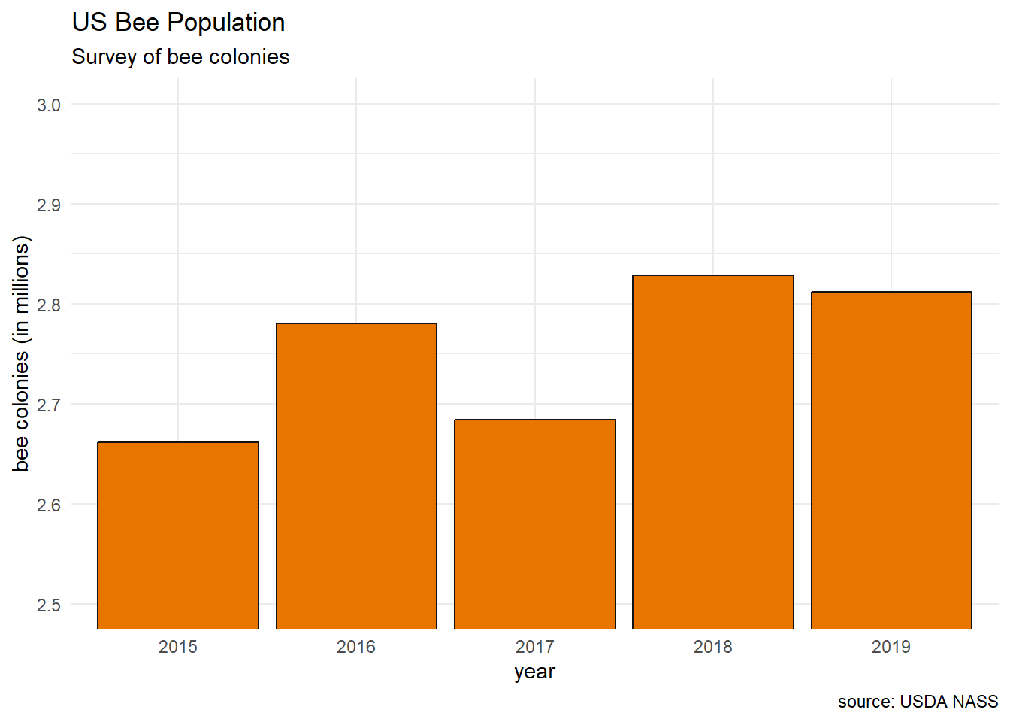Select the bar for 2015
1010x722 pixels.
178,535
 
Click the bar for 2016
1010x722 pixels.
356,476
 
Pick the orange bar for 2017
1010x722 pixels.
535,524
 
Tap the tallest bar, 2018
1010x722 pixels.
713,452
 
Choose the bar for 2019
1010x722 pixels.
891,460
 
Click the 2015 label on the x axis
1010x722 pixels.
178,647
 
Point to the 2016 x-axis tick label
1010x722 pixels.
356,647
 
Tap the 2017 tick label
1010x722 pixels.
535,647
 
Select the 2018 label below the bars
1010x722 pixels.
713,647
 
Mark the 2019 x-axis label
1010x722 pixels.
891,647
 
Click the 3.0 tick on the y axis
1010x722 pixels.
49,105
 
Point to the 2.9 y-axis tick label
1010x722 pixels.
49,205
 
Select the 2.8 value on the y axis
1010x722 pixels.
49,305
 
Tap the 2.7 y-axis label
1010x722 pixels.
49,405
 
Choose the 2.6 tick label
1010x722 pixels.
49,505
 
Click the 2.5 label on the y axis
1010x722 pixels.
49,605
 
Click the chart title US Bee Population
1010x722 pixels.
179,23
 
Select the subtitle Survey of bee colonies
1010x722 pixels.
180,57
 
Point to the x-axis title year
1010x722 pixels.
534,672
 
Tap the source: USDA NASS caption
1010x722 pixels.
918,702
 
